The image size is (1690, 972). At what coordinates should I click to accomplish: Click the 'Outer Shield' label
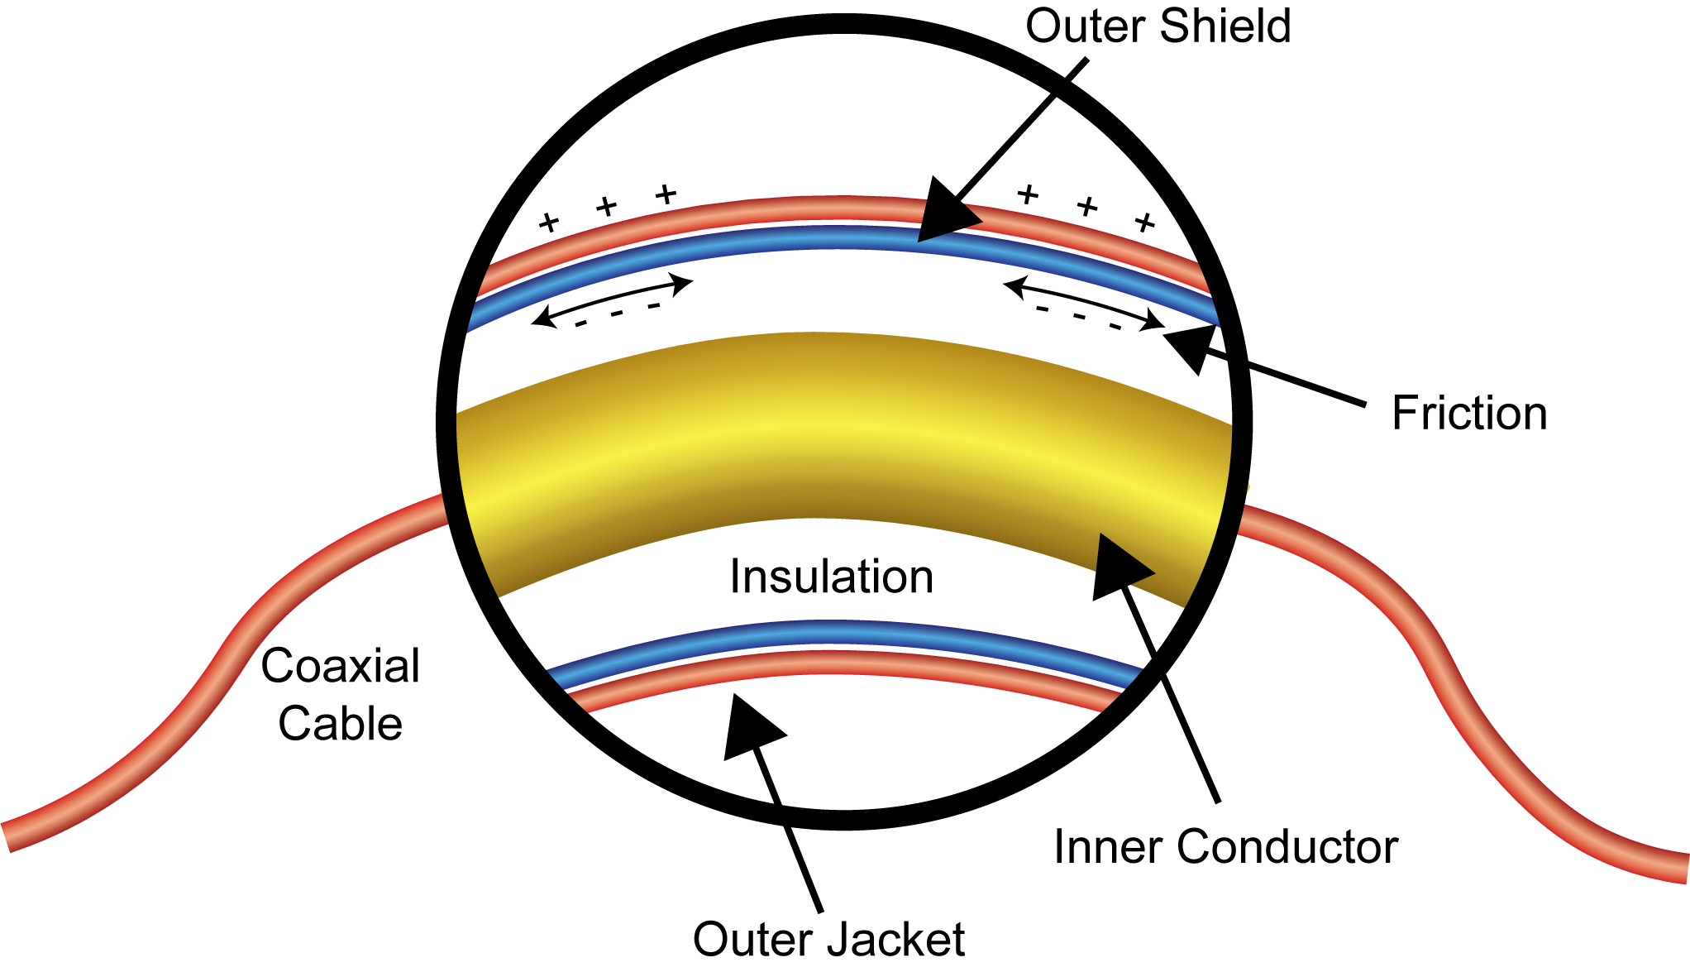point(1158,26)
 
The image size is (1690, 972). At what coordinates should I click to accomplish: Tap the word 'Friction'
point(1469,413)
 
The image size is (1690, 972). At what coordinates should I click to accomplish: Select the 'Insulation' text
point(831,577)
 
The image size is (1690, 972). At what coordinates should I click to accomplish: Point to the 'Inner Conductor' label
point(1225,846)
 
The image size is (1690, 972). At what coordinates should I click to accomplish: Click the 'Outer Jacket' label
point(828,939)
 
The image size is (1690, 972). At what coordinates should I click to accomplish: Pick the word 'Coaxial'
point(340,666)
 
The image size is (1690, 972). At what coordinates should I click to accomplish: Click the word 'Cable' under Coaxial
point(340,724)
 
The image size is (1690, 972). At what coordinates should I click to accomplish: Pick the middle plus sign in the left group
point(607,206)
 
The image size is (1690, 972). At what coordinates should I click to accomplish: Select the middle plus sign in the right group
point(1086,206)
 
